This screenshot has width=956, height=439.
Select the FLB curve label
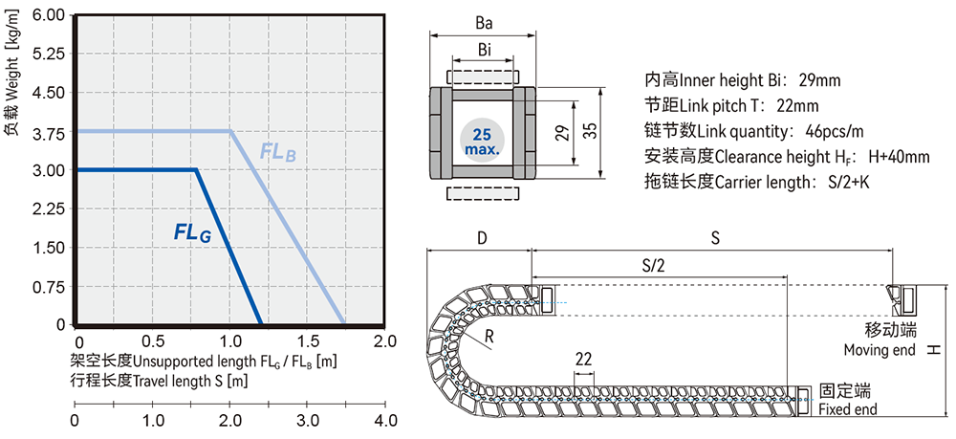point(278,151)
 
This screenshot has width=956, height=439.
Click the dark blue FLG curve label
point(192,230)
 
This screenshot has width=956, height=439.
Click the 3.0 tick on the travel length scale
point(307,420)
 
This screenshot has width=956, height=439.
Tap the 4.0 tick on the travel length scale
point(384,420)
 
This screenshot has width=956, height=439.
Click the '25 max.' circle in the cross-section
point(481,140)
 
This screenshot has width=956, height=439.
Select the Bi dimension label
point(484,49)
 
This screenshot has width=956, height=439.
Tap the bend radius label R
point(489,337)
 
